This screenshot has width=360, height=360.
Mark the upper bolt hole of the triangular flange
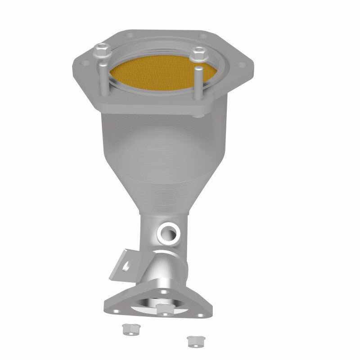tap(162, 292)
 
